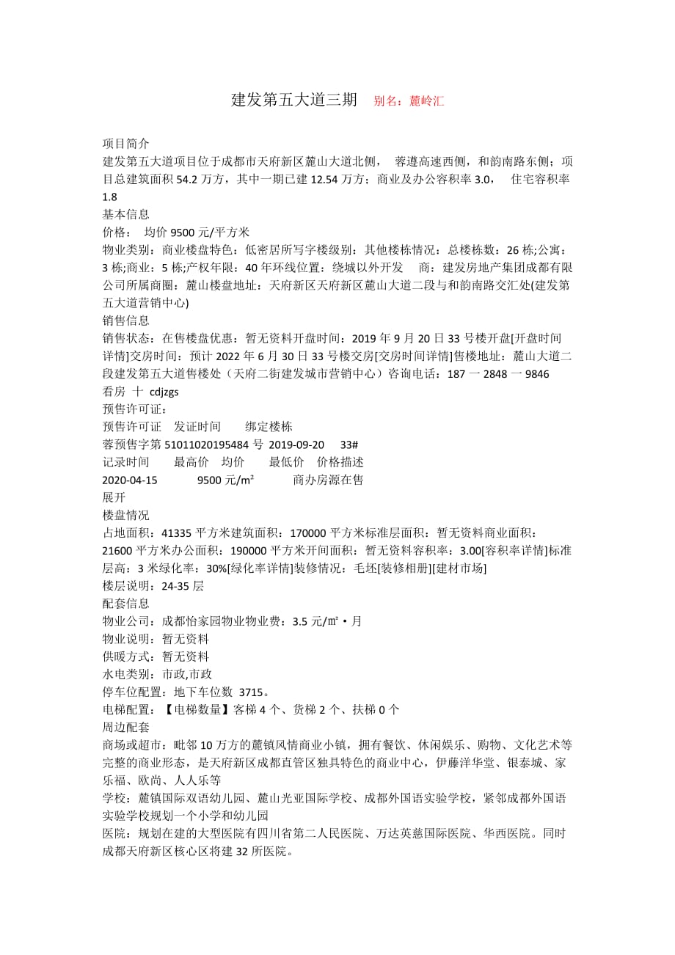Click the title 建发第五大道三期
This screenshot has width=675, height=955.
click(x=294, y=100)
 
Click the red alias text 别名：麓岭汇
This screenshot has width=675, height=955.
click(x=409, y=101)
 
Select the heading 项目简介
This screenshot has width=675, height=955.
click(x=125, y=144)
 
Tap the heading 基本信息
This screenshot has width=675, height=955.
click(x=125, y=214)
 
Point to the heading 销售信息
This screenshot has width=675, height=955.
click(x=125, y=321)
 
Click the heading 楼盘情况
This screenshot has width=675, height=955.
click(x=125, y=515)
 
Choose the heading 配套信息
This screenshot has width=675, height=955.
click(x=125, y=604)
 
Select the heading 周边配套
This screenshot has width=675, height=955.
click(x=125, y=727)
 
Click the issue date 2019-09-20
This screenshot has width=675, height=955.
click(x=296, y=444)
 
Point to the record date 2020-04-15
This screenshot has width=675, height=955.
click(x=131, y=480)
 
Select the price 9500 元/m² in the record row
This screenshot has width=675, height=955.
click(x=226, y=480)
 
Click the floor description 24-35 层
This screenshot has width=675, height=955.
click(x=183, y=586)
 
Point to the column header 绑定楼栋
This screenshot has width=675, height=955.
click(x=269, y=426)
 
